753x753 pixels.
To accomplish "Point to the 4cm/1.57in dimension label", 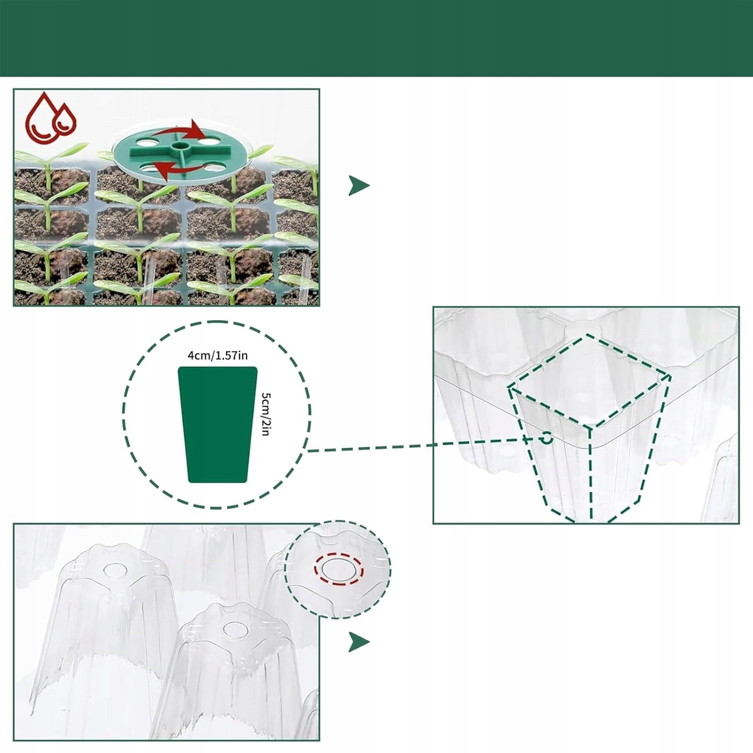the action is click(x=218, y=356).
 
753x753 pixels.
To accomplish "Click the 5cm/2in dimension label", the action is click(x=267, y=414).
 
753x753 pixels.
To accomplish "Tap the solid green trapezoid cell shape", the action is click(x=218, y=424).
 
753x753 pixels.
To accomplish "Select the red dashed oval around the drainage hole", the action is click(x=339, y=569).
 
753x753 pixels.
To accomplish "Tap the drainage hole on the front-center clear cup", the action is click(x=237, y=629).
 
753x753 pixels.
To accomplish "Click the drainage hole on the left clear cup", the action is click(x=115, y=570).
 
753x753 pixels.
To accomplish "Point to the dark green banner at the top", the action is click(x=376, y=38).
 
